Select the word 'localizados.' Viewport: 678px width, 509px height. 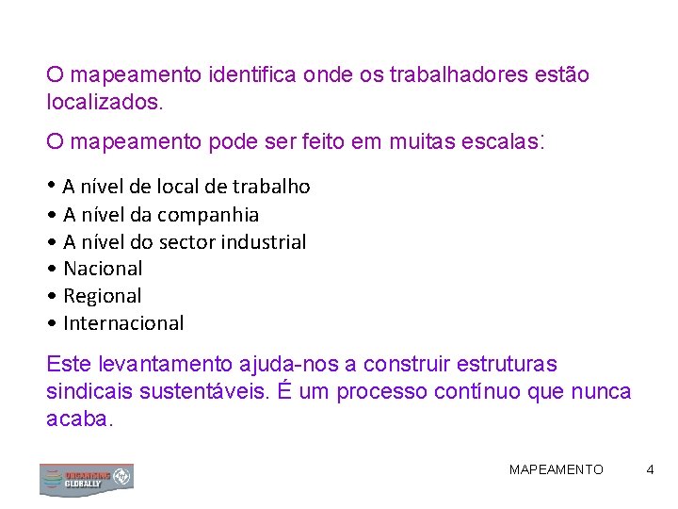(105, 101)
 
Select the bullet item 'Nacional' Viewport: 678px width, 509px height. (103, 270)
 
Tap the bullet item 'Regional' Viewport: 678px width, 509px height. (102, 297)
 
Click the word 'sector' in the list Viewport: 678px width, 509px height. (186, 242)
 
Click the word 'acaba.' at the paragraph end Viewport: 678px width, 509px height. (79, 419)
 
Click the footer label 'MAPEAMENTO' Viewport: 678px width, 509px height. (557, 469)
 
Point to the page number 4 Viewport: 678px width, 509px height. (650, 469)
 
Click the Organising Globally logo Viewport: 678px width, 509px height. (86, 479)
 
